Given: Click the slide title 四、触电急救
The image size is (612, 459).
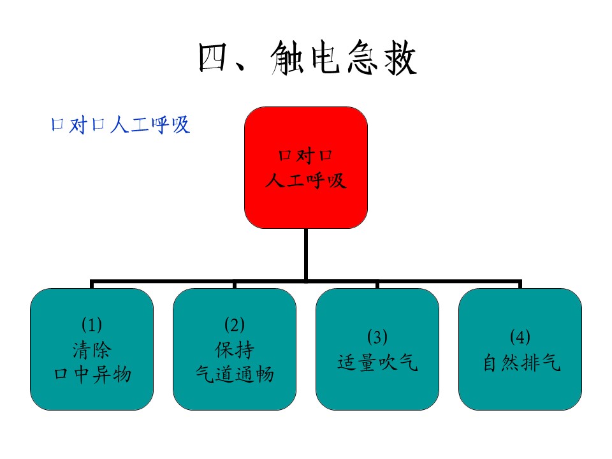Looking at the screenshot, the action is pyautogui.click(x=307, y=58).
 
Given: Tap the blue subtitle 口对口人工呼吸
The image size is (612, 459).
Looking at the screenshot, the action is pyautogui.click(x=120, y=125).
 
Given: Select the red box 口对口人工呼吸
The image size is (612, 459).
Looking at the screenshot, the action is pyautogui.click(x=306, y=168).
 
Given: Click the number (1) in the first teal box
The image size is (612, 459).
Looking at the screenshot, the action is pyautogui.click(x=92, y=324).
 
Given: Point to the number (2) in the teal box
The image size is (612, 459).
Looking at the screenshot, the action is pyautogui.click(x=235, y=324).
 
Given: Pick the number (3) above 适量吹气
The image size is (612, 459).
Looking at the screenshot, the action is pyautogui.click(x=377, y=337).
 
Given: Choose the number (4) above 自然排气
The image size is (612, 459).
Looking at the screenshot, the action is pyautogui.click(x=520, y=337).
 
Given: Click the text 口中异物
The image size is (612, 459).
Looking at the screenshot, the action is pyautogui.click(x=92, y=374).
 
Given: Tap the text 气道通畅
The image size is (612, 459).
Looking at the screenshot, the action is pyautogui.click(x=235, y=374).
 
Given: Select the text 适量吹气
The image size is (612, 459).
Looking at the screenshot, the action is pyautogui.click(x=377, y=362).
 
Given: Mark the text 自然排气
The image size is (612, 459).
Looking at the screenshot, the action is pyautogui.click(x=521, y=362).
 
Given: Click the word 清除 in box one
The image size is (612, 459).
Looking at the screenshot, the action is pyautogui.click(x=92, y=350).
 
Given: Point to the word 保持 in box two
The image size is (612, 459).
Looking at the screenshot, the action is pyautogui.click(x=234, y=350).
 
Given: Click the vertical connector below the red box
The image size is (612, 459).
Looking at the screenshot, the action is pyautogui.click(x=306, y=254).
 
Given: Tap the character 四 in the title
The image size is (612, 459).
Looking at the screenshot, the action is pyautogui.click(x=213, y=58).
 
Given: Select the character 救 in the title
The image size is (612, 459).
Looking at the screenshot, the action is pyautogui.click(x=400, y=58).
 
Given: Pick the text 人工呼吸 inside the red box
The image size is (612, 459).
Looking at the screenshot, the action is pyautogui.click(x=306, y=180).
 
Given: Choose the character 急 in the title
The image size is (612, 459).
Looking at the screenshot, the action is pyautogui.click(x=362, y=58).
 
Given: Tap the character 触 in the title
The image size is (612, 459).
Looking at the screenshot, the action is pyautogui.click(x=288, y=58).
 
